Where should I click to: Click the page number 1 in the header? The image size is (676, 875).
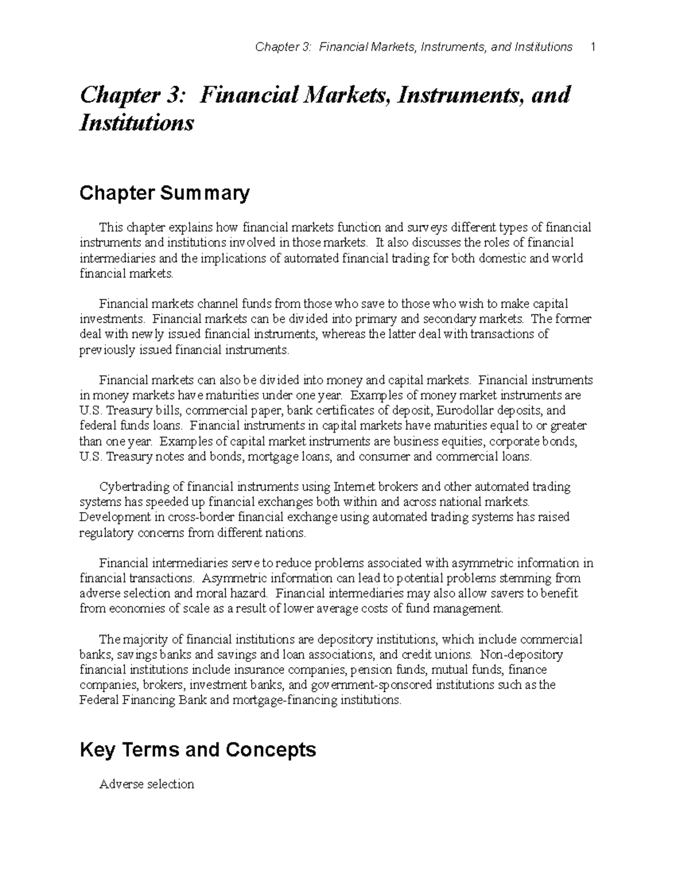[x=592, y=47]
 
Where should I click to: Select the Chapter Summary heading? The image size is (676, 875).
[x=164, y=193]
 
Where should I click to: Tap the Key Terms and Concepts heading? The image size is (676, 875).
[x=198, y=749]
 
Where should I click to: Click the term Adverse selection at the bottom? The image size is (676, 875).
[x=146, y=784]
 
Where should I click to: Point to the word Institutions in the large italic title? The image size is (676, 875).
[x=136, y=122]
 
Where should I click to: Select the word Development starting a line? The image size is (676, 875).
[x=115, y=517]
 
